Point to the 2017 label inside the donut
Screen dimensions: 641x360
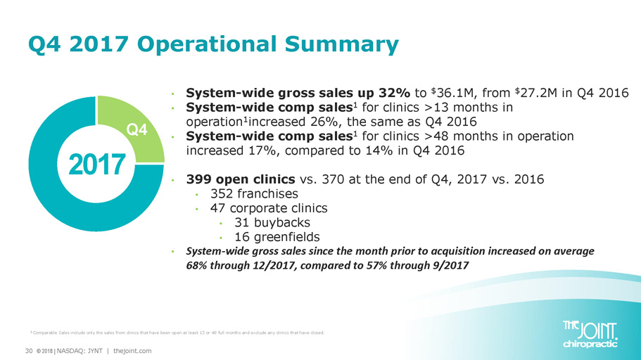pos(97,165)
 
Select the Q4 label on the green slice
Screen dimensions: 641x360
pos(137,130)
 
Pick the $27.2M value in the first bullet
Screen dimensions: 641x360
pos(537,94)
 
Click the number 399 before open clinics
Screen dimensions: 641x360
pos(198,179)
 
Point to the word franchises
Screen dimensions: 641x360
pos(267,193)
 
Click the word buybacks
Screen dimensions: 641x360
pos(282,223)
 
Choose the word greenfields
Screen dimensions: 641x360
pos(286,237)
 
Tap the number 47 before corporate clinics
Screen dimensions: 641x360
pos(218,208)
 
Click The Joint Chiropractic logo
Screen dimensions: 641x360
pos(590,335)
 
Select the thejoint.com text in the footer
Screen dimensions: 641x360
pos(132,351)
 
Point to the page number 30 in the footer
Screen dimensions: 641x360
pos(29,351)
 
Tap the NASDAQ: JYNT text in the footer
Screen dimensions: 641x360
pos(80,351)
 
